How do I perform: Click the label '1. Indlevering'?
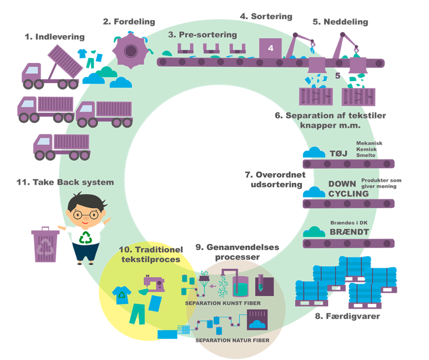tap(55, 37)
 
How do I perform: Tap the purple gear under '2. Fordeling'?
tap(131, 50)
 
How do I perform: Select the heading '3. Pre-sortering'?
tap(202, 35)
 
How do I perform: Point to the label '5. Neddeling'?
tap(340, 21)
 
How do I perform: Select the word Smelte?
tap(366, 155)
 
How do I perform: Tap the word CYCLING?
tap(348, 193)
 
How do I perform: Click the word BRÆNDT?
tap(349, 232)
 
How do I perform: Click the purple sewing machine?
tap(155, 283)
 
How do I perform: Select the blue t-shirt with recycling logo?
tap(122, 295)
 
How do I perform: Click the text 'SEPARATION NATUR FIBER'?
tap(232, 340)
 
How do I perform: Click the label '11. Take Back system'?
tap(65, 182)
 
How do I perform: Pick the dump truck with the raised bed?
tap(52, 71)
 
